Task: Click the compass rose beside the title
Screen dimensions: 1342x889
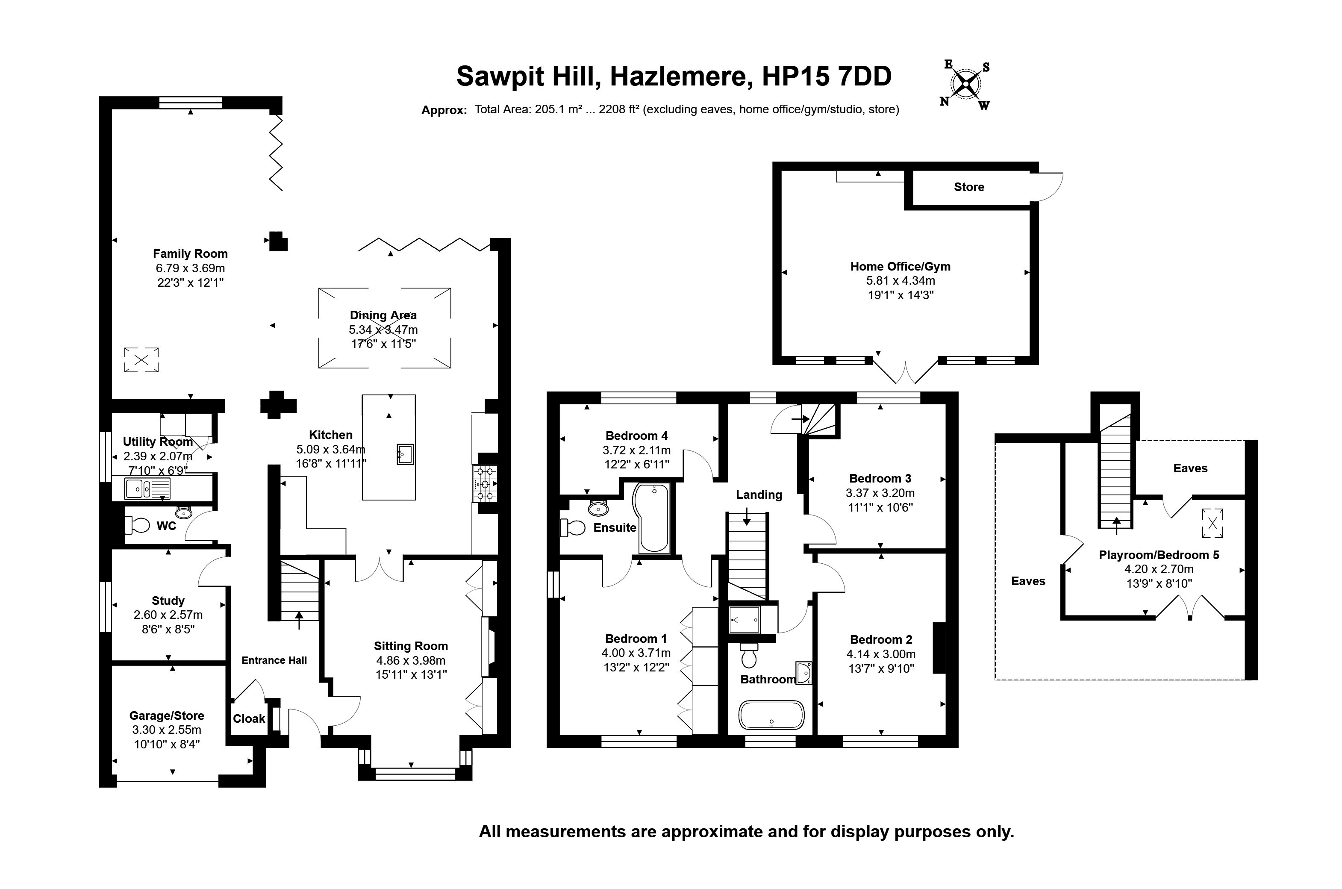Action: click(966, 85)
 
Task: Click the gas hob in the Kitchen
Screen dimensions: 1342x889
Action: click(485, 484)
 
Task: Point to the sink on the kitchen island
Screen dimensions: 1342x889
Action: click(406, 455)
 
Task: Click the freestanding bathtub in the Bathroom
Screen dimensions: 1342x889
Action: click(771, 715)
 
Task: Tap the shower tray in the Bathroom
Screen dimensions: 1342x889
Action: click(745, 619)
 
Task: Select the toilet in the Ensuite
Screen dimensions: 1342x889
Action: click(572, 528)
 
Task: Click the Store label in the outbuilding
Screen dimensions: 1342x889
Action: click(969, 187)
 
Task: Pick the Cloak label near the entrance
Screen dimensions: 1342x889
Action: click(249, 718)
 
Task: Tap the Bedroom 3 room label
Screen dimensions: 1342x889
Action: click(880, 479)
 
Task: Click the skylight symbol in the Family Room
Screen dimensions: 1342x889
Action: click(141, 359)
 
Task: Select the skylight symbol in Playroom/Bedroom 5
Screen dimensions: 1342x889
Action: click(1212, 523)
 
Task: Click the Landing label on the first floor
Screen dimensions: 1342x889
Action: click(759, 495)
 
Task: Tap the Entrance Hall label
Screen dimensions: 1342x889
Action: click(274, 660)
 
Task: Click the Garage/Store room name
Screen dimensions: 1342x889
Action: click(167, 715)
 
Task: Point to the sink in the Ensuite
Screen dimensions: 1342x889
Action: click(598, 508)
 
